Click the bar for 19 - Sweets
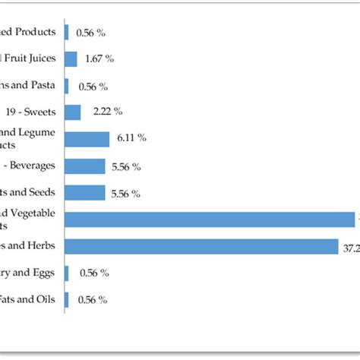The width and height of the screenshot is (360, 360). click(x=73, y=112)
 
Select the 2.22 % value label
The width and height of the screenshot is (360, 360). click(x=108, y=112)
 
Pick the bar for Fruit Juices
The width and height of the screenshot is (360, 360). click(x=71, y=59)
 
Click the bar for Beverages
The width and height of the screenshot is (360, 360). click(x=85, y=166)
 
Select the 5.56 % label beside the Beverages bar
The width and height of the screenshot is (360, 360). click(x=125, y=166)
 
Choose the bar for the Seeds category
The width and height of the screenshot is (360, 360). click(x=85, y=193)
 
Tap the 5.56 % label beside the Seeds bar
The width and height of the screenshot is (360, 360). click(x=125, y=193)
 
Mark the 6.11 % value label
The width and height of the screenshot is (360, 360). click(x=131, y=138)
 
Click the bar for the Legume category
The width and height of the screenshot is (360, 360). click(x=88, y=139)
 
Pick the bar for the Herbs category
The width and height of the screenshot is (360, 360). click(x=202, y=247)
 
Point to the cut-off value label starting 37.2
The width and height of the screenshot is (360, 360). click(x=350, y=247)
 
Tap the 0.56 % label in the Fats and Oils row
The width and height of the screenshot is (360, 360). click(x=91, y=300)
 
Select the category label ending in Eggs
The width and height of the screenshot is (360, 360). click(x=30, y=273)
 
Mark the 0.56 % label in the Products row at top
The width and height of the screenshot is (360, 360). click(x=91, y=33)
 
